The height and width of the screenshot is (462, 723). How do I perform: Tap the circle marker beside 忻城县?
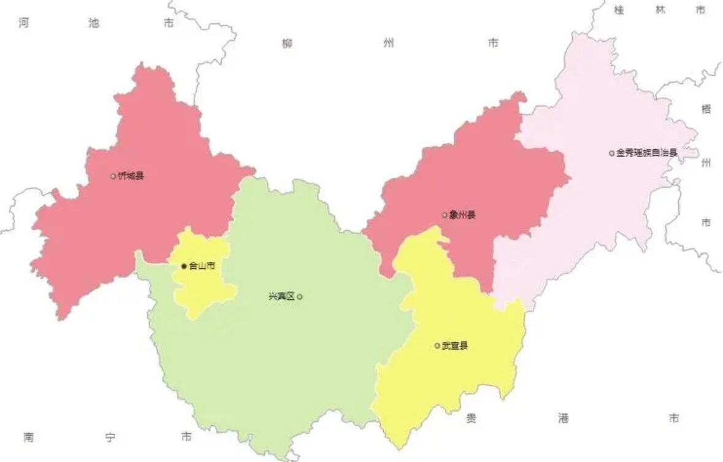click(x=113, y=176)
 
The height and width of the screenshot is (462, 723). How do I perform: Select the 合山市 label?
click(x=202, y=266)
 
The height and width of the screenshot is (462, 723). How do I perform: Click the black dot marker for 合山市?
click(x=184, y=266)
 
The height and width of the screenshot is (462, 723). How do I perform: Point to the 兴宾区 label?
click(x=281, y=296)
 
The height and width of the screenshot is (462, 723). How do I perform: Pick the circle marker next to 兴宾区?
click(x=300, y=296)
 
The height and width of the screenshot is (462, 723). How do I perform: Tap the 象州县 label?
click(x=462, y=215)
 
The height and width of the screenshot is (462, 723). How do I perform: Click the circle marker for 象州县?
click(x=445, y=215)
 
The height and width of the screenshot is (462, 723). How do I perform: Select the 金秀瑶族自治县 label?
click(x=647, y=153)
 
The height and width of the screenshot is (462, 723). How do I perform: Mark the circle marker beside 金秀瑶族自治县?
click(x=611, y=153)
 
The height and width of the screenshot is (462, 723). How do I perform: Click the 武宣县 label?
click(x=454, y=345)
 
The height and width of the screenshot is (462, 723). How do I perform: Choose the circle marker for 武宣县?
click(x=437, y=345)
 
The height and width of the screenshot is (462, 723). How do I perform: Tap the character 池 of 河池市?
click(x=94, y=23)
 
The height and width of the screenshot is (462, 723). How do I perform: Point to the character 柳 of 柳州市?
click(x=288, y=43)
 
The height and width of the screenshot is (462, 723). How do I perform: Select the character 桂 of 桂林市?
click(x=619, y=10)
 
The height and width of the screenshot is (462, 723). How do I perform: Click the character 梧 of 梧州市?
click(x=706, y=109)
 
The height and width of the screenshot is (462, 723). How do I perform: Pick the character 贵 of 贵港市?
click(x=471, y=418)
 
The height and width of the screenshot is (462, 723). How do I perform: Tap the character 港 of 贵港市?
click(x=564, y=418)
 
